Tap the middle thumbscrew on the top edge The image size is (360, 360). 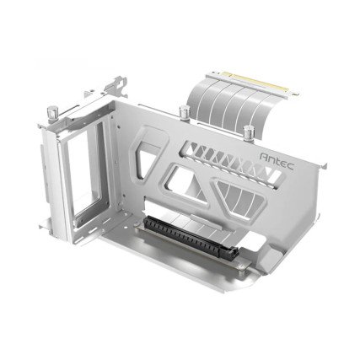point(183,113)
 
